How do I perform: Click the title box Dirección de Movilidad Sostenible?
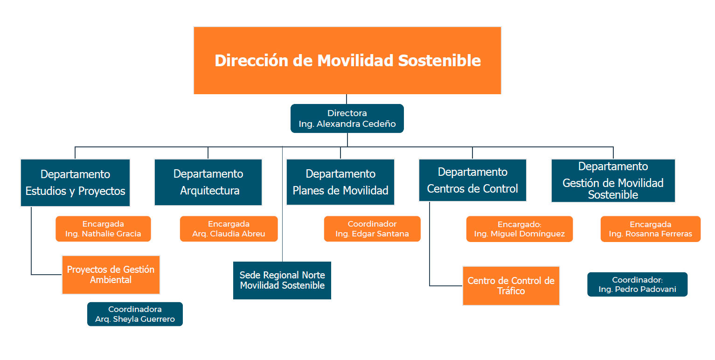pyautogui.click(x=347, y=60)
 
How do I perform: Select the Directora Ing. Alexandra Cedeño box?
pyautogui.click(x=347, y=118)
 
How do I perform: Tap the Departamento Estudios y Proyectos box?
pyautogui.click(x=76, y=182)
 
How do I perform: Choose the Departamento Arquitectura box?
pyautogui.click(x=208, y=182)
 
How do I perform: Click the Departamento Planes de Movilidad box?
pyautogui.click(x=340, y=182)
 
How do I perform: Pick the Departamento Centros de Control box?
pyautogui.click(x=472, y=180)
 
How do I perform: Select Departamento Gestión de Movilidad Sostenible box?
pyautogui.click(x=613, y=180)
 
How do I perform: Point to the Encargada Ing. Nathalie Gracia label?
pyautogui.click(x=103, y=229)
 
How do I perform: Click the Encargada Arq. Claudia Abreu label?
pyautogui.click(x=229, y=229)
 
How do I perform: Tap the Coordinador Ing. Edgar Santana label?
pyautogui.click(x=372, y=229)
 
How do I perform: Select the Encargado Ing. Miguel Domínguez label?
pyautogui.click(x=519, y=229)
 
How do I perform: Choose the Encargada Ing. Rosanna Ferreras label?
pyautogui.click(x=651, y=229)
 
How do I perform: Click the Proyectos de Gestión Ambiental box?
pyautogui.click(x=111, y=275)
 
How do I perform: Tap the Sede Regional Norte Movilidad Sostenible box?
pyautogui.click(x=282, y=280)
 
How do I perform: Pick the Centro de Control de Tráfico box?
pyautogui.click(x=511, y=286)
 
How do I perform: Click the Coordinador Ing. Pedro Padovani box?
pyautogui.click(x=638, y=284)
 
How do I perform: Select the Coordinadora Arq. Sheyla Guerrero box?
pyautogui.click(x=135, y=314)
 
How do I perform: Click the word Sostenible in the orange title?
pyautogui.click(x=439, y=61)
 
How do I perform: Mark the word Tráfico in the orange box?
pyautogui.click(x=511, y=291)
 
